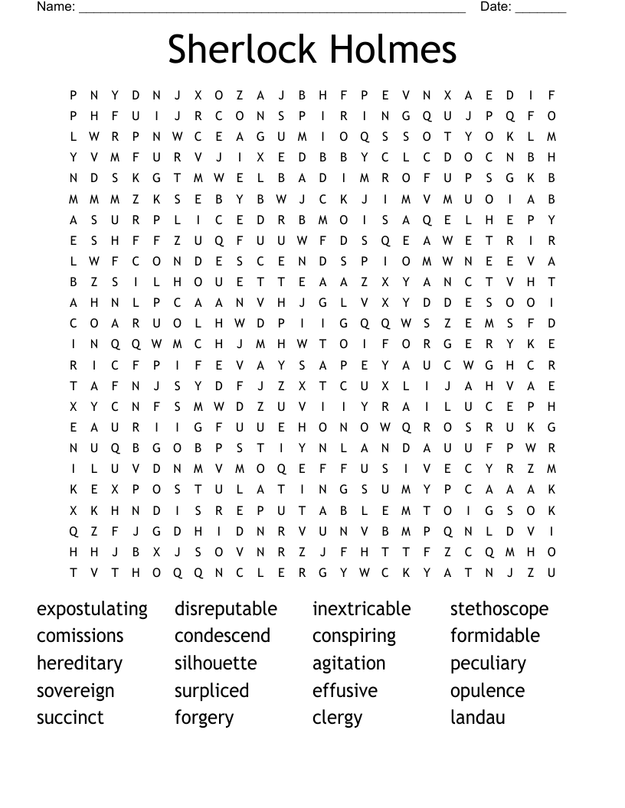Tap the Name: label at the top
click(56, 7)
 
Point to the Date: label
click(496, 7)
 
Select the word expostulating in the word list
click(92, 610)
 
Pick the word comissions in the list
click(80, 637)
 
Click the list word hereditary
click(79, 664)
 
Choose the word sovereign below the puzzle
click(75, 692)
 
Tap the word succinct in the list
click(70, 718)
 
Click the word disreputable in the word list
click(226, 610)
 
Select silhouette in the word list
click(215, 663)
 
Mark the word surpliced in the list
click(211, 692)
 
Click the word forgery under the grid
click(204, 718)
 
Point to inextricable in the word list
click(362, 610)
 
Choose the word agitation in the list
click(348, 664)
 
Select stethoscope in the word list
click(499, 610)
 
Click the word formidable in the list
click(495, 637)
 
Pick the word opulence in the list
click(487, 692)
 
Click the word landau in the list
click(477, 718)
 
